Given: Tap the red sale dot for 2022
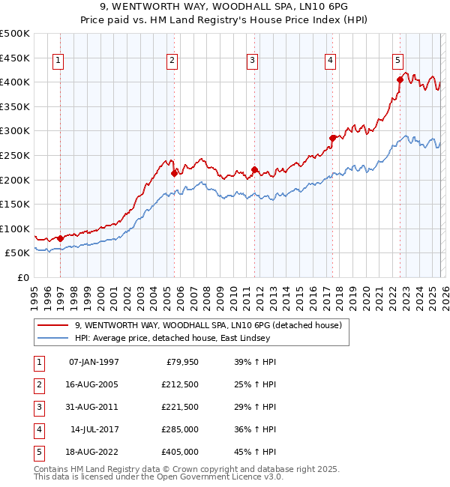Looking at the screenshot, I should point(400,79).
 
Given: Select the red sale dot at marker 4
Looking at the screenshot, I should point(332,138).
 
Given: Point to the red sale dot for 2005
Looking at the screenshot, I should point(175,173).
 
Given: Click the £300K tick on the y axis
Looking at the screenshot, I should point(15,131).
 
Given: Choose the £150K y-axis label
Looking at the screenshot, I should point(15,204).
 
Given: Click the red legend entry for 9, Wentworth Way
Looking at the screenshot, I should point(208,325).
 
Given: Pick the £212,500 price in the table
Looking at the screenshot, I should point(180,384).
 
